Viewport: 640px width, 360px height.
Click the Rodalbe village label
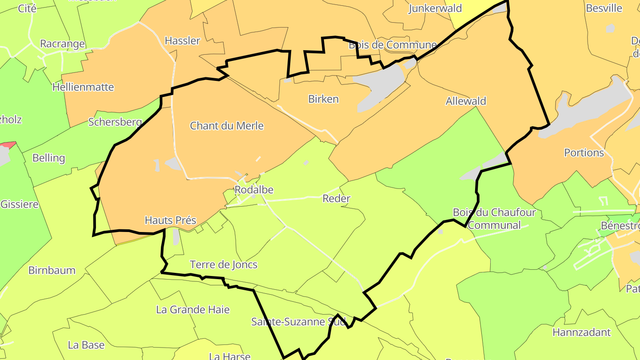point(253,190)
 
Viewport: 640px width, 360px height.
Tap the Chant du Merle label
point(227,126)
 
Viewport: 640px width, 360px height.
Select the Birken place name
point(323,99)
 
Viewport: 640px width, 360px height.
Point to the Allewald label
point(466,101)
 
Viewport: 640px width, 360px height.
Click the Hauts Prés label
point(170,220)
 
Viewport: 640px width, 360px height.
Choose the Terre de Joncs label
point(224,265)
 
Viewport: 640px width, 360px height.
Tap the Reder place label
point(336,199)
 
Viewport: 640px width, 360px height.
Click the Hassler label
point(182,41)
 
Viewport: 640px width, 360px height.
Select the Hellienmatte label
point(83,87)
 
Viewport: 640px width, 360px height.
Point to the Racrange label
point(62,44)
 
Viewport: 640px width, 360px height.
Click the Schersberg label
point(115,122)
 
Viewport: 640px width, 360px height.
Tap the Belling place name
point(49,158)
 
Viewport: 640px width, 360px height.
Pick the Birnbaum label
point(52,270)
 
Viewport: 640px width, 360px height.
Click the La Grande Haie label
point(193,310)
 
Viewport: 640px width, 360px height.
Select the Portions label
point(584,153)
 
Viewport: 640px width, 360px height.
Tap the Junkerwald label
point(435,8)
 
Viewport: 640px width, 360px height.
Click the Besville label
point(604,8)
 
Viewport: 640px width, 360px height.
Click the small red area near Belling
point(9,145)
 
